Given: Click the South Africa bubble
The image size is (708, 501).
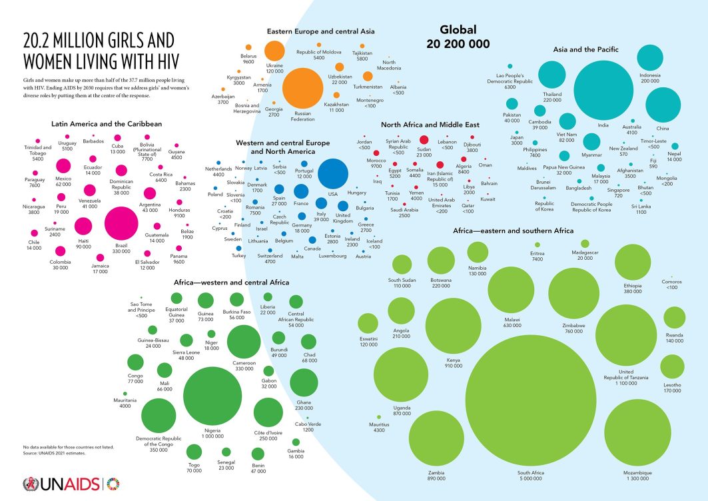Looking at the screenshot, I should [531, 400].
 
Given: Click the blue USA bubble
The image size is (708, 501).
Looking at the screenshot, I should [333, 175].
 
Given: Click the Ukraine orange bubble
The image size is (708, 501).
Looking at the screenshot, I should [274, 51].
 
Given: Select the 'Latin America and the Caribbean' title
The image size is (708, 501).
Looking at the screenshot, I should [107, 124].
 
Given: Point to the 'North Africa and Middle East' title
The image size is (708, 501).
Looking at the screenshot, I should [430, 125].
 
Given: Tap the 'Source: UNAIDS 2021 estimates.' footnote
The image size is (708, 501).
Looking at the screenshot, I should [55, 453].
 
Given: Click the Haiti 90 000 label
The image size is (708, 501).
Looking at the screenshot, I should [84, 243].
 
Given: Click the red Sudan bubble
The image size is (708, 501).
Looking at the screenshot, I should [424, 141].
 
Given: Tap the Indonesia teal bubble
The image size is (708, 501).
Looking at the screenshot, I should [649, 58].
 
